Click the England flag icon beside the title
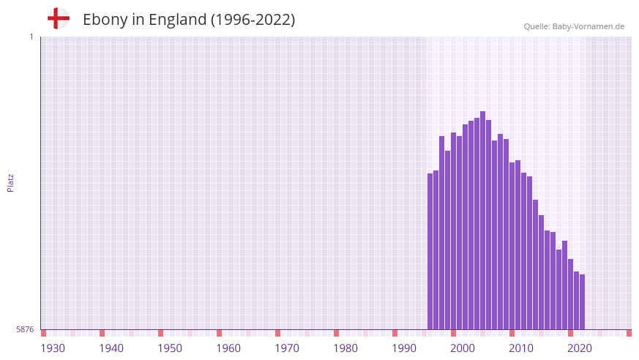[x=59, y=18]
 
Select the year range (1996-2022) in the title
[x=253, y=20]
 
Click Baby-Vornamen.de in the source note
[x=588, y=26]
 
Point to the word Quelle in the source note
[x=537, y=26]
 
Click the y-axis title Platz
[x=10, y=182]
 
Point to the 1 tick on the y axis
[x=31, y=37]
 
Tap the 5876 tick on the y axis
[x=25, y=329]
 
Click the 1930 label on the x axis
[x=53, y=348]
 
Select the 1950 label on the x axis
[x=170, y=348]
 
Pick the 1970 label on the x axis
[x=287, y=348]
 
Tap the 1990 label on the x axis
[x=404, y=348]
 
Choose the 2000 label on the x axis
[x=463, y=348]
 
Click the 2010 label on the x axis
[x=521, y=348]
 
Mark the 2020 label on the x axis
[x=580, y=348]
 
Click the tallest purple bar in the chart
[x=483, y=220]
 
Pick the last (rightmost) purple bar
[x=583, y=301]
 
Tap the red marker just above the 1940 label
[x=102, y=333]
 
